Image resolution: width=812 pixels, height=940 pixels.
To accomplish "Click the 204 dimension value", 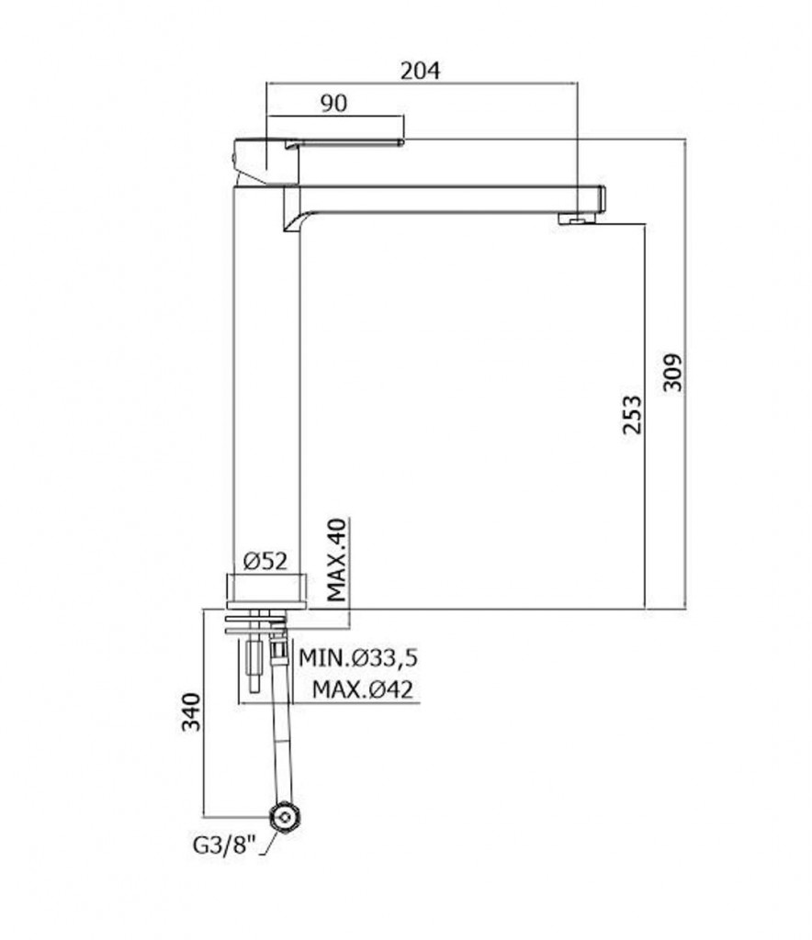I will pos(422,70).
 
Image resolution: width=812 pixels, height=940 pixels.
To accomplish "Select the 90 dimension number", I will pos(333,105).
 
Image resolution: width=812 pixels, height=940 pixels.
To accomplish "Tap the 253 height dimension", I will pos(631,416).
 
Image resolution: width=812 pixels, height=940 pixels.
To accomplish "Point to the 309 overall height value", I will pos(673,372).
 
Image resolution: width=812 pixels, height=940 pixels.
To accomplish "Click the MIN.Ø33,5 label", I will pos(359,658).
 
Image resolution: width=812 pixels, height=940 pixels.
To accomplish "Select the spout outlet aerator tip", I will pos(575,218).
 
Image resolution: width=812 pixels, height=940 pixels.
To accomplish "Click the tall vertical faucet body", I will pos(266,386).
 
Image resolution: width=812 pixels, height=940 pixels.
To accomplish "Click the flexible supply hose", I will pos(278,725).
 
